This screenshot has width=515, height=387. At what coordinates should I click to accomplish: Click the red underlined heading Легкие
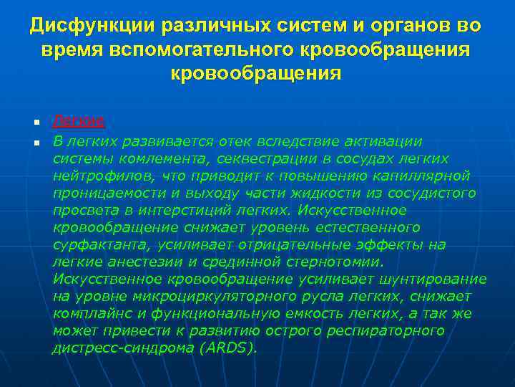click(79, 120)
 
